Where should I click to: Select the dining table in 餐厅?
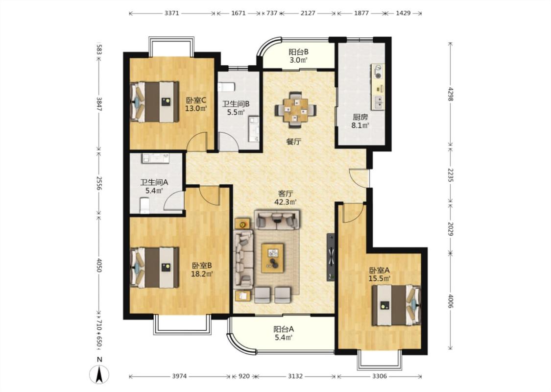pyautogui.click(x=295, y=109)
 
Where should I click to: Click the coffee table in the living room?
pyautogui.click(x=273, y=258)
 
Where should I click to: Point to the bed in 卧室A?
pyautogui.click(x=396, y=305)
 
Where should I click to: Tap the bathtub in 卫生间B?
pyautogui.click(x=254, y=129)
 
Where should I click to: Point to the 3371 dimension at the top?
pyautogui.click(x=172, y=13)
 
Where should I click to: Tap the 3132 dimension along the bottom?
pyautogui.click(x=295, y=376)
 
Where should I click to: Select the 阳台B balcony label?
pyautogui.click(x=299, y=51)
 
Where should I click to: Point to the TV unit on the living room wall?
pyautogui.click(x=331, y=257)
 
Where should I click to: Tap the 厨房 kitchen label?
pyautogui.click(x=360, y=117)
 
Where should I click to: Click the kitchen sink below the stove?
pyautogui.click(x=379, y=102)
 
